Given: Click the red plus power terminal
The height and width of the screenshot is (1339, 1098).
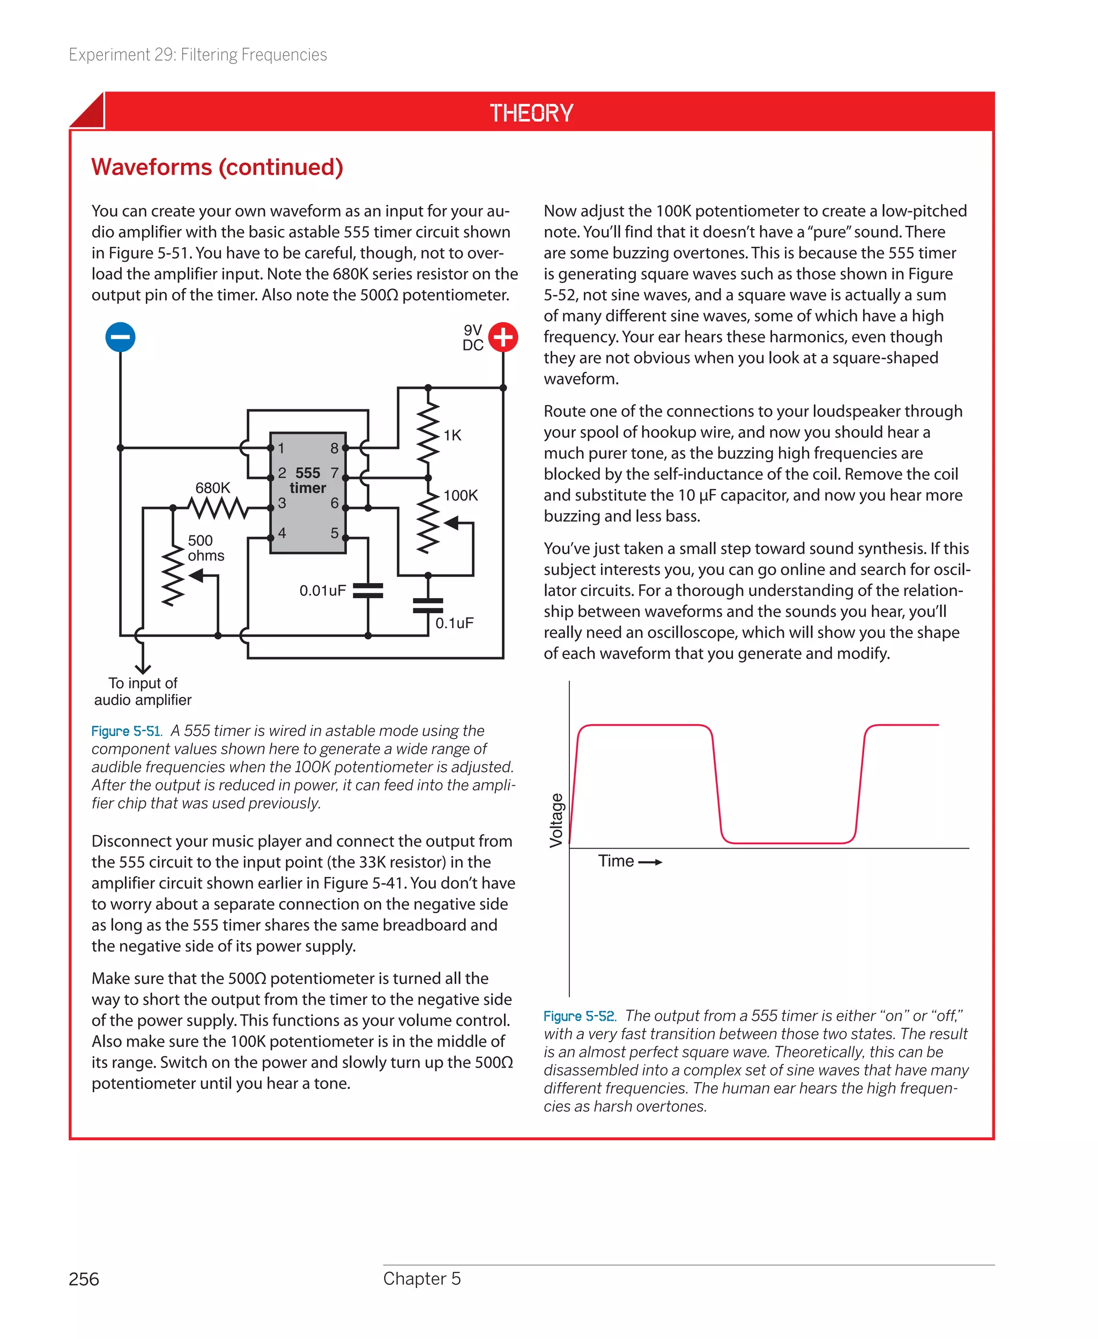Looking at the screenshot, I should click(503, 337).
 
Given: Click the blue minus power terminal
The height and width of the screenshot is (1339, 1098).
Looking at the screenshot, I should click(120, 337).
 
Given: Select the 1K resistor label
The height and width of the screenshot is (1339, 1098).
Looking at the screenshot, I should click(452, 436).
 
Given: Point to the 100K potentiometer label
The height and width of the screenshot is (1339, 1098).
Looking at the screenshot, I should click(461, 496).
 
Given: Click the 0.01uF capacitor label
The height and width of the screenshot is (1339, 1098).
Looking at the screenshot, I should click(323, 591).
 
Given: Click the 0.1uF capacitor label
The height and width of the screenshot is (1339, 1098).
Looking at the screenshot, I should click(454, 623).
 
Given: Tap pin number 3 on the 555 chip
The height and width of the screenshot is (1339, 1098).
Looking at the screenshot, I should click(282, 503).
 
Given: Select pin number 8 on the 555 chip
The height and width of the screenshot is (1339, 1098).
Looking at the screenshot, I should click(334, 448).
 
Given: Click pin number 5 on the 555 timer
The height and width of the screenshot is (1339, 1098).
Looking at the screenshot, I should click(334, 533).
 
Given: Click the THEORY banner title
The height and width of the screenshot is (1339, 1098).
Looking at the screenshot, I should click(531, 113).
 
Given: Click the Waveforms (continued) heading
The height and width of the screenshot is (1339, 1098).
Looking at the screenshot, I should click(217, 167).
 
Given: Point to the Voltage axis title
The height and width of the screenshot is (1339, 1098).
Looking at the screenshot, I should click(556, 820).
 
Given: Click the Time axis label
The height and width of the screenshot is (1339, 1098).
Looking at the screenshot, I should click(616, 861).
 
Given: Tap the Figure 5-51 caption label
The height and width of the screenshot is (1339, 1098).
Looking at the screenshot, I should click(127, 731).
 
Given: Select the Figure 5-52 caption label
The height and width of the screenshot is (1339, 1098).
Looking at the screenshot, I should click(580, 1016).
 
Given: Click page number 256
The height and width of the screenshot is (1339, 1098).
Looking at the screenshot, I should click(84, 1279).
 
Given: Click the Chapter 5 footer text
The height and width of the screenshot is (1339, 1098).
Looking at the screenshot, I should click(422, 1278).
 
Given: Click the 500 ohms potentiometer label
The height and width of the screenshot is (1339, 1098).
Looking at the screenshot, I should click(205, 548).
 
